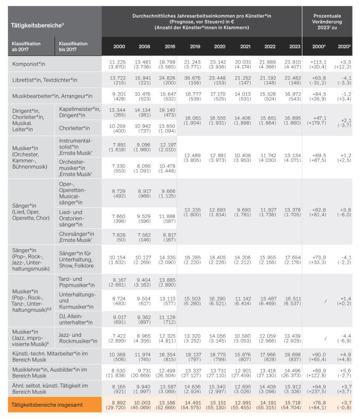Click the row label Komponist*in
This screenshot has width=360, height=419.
(29, 64)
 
